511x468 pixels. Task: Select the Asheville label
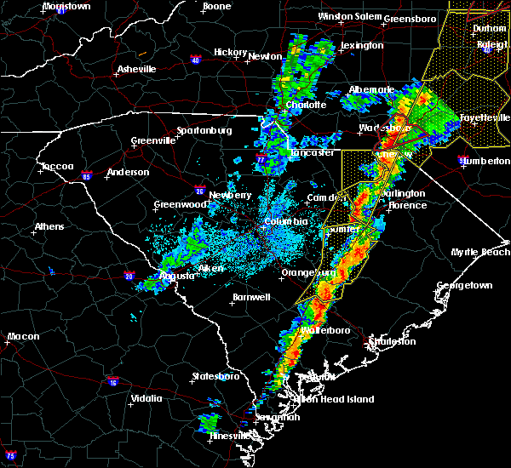click(x=137, y=69)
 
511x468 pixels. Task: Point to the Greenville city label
click(x=153, y=141)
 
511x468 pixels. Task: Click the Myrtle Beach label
click(x=485, y=253)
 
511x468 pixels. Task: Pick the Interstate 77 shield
click(x=261, y=159)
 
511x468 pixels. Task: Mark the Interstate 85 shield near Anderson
click(x=87, y=175)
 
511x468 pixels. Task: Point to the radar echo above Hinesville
click(x=207, y=421)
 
